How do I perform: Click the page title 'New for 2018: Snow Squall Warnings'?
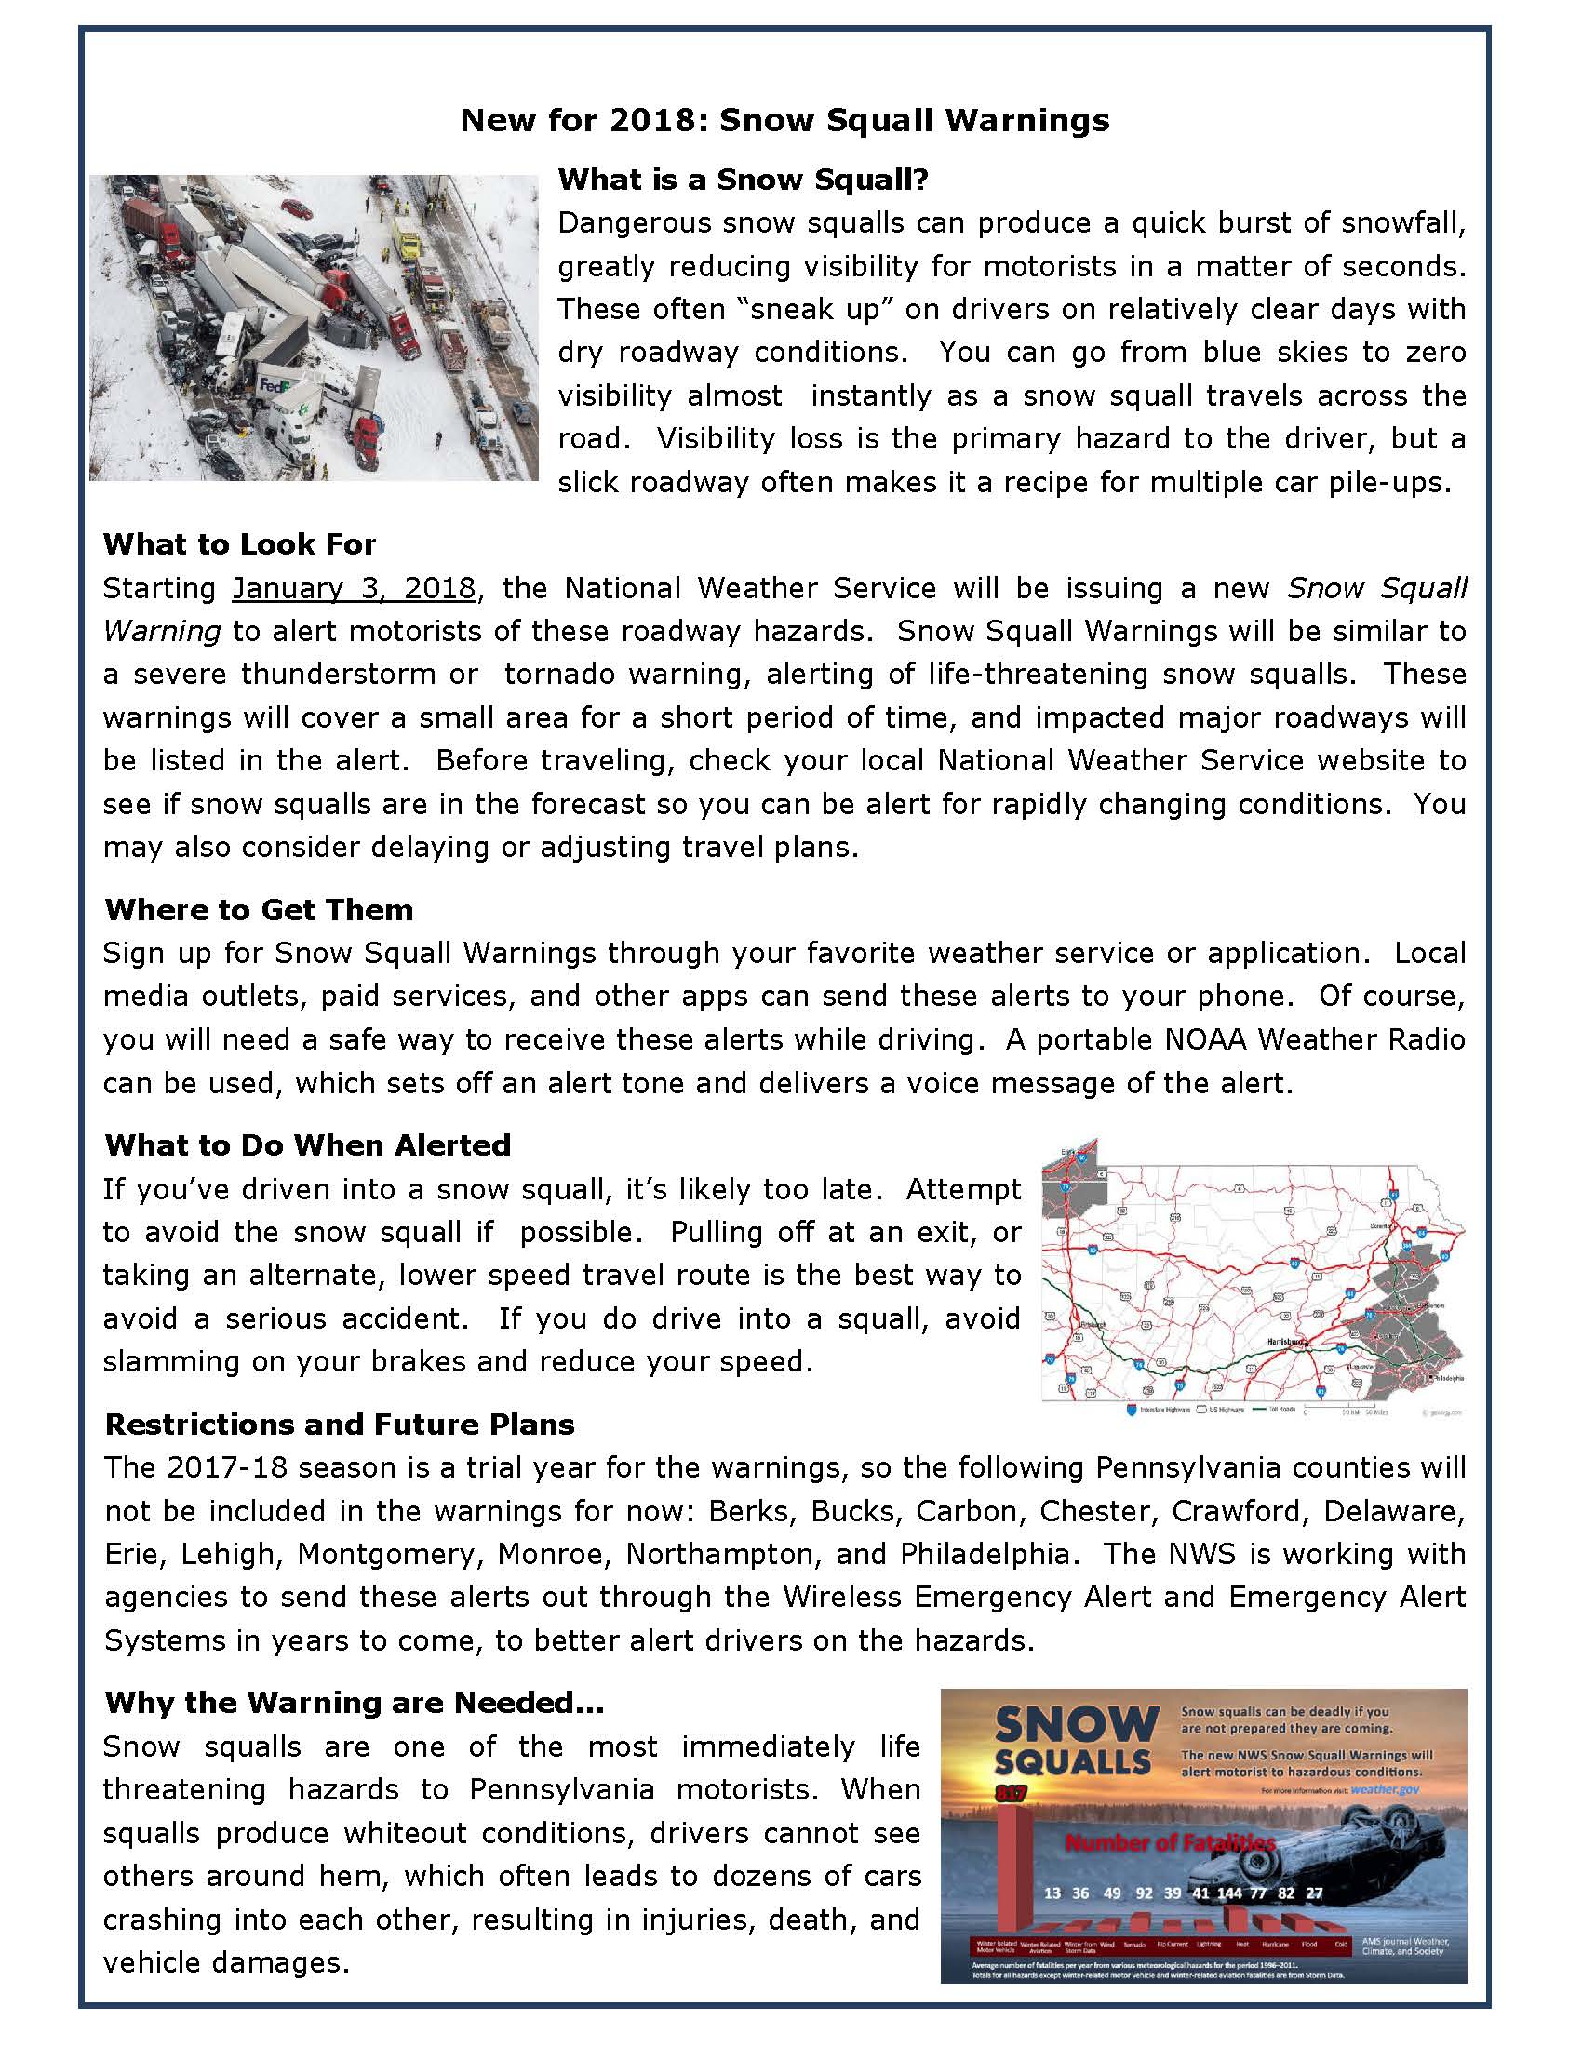pyautogui.click(x=784, y=120)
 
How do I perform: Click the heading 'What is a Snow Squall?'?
pyautogui.click(x=743, y=179)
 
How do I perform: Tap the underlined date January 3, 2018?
pyautogui.click(x=355, y=588)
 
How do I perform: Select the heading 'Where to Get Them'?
pyautogui.click(x=259, y=909)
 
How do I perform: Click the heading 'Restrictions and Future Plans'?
pyautogui.click(x=340, y=1424)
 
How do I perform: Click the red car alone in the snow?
pyautogui.click(x=297, y=208)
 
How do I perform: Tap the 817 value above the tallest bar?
pyautogui.click(x=1012, y=1794)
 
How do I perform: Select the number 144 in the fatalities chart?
pyautogui.click(x=1228, y=1893)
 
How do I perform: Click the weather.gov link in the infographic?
pyautogui.click(x=1386, y=1789)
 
